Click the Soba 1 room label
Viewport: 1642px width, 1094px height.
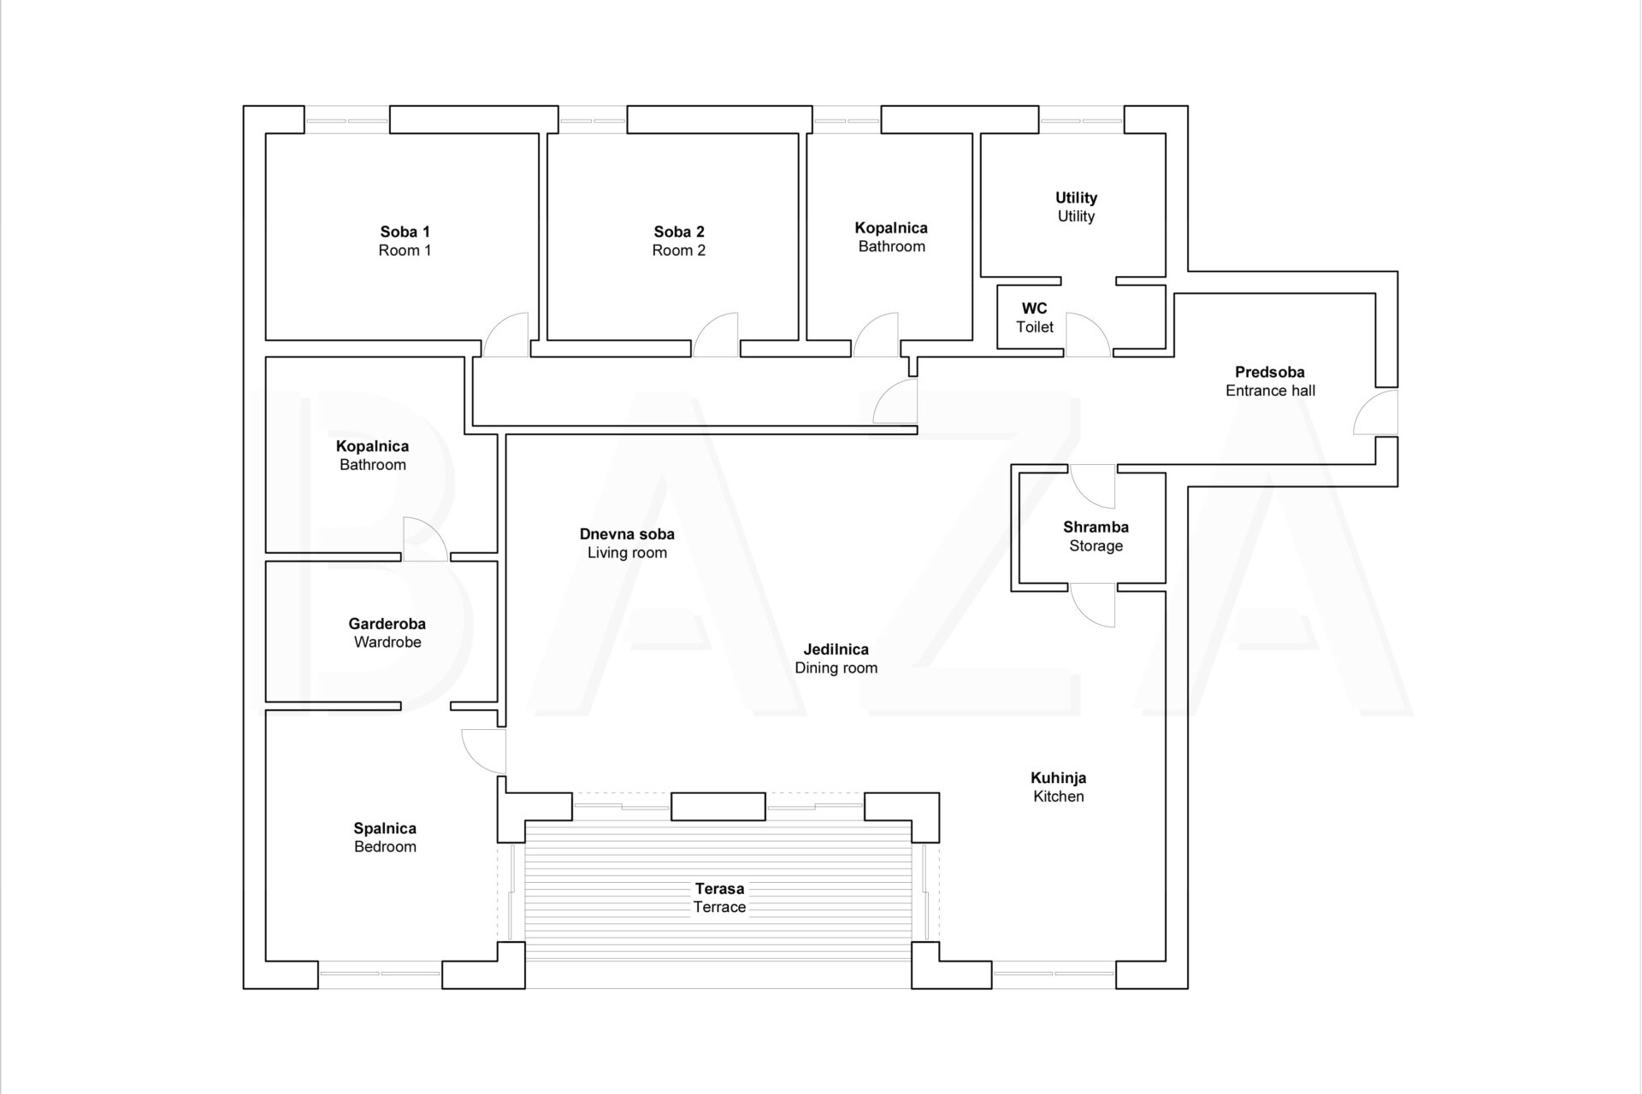click(x=405, y=241)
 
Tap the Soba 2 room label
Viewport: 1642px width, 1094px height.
click(x=679, y=241)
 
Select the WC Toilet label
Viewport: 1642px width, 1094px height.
click(x=1035, y=318)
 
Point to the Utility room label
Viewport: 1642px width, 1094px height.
click(x=1076, y=207)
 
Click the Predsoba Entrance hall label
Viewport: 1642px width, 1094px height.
click(x=1270, y=381)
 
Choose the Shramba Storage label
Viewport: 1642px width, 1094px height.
click(x=1096, y=536)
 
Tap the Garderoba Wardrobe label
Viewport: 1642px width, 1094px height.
click(x=387, y=633)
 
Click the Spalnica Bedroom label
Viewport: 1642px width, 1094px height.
click(x=385, y=838)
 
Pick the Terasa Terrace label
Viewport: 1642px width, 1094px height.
click(x=719, y=897)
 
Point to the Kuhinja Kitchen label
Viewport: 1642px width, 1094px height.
click(x=1059, y=787)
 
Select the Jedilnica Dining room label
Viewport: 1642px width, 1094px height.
click(x=836, y=658)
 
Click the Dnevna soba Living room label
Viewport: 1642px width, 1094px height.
click(x=627, y=544)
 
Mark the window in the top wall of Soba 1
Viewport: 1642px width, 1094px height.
click(x=347, y=120)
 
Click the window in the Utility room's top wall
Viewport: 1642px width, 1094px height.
click(x=1082, y=120)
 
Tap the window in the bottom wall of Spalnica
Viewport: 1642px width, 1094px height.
click(x=381, y=975)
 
